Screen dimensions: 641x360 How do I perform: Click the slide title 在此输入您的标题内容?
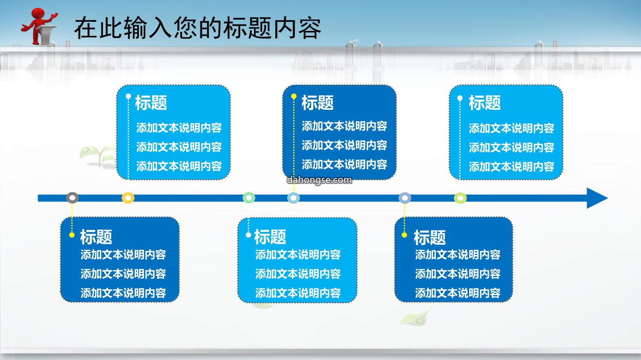[198, 28]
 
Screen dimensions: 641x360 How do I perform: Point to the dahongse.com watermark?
[319, 180]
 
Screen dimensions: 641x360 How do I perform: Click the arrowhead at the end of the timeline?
[597, 198]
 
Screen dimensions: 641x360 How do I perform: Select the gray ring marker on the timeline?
[72, 198]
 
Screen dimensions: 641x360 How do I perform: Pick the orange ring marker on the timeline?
[128, 198]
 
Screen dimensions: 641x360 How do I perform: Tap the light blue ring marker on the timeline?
[294, 198]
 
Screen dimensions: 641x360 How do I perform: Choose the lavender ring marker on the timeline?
[405, 198]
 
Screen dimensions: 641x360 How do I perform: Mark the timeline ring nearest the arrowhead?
[460, 198]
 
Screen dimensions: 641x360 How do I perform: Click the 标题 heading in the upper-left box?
[151, 102]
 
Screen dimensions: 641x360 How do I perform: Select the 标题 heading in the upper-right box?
[485, 102]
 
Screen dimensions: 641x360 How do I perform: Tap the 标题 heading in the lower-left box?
[96, 237]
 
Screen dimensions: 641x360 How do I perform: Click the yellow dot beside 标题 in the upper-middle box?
[294, 97]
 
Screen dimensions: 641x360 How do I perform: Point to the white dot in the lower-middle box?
[248, 235]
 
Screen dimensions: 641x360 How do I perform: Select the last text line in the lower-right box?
[458, 293]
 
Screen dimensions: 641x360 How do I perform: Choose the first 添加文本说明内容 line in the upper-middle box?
[344, 126]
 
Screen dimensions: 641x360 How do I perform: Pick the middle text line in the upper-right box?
[512, 148]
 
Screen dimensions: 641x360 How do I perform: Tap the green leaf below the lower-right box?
[416, 316]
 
